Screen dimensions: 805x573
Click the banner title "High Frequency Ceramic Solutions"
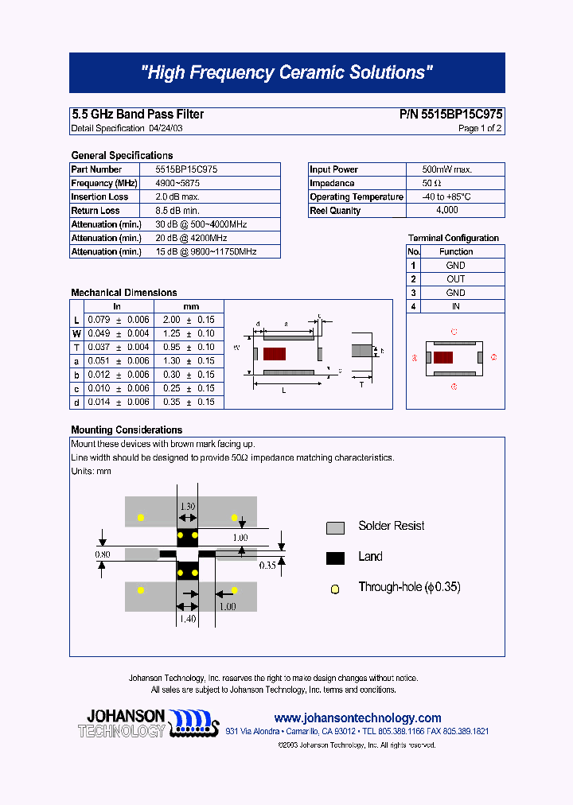286,72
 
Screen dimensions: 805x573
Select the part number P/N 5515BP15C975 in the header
450,115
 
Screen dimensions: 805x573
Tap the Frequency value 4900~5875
177,183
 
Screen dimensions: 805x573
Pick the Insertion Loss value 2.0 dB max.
177,196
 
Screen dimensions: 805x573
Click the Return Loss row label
95,211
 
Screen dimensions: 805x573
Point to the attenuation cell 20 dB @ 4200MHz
191,238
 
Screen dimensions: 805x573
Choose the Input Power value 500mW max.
446,169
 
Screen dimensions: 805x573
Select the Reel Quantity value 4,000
446,211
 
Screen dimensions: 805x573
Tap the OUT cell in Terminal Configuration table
455,279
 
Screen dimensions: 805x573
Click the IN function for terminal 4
455,306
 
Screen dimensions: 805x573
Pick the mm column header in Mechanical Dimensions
191,306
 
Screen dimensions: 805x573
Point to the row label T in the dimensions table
76,347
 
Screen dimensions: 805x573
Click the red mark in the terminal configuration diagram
443,358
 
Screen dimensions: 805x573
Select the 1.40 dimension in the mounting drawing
187,618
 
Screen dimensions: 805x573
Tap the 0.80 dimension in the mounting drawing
103,554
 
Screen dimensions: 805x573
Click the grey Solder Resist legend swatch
335,527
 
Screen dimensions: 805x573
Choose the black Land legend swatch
335,558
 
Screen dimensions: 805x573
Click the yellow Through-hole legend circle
335,589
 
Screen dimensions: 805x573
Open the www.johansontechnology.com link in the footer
357,717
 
